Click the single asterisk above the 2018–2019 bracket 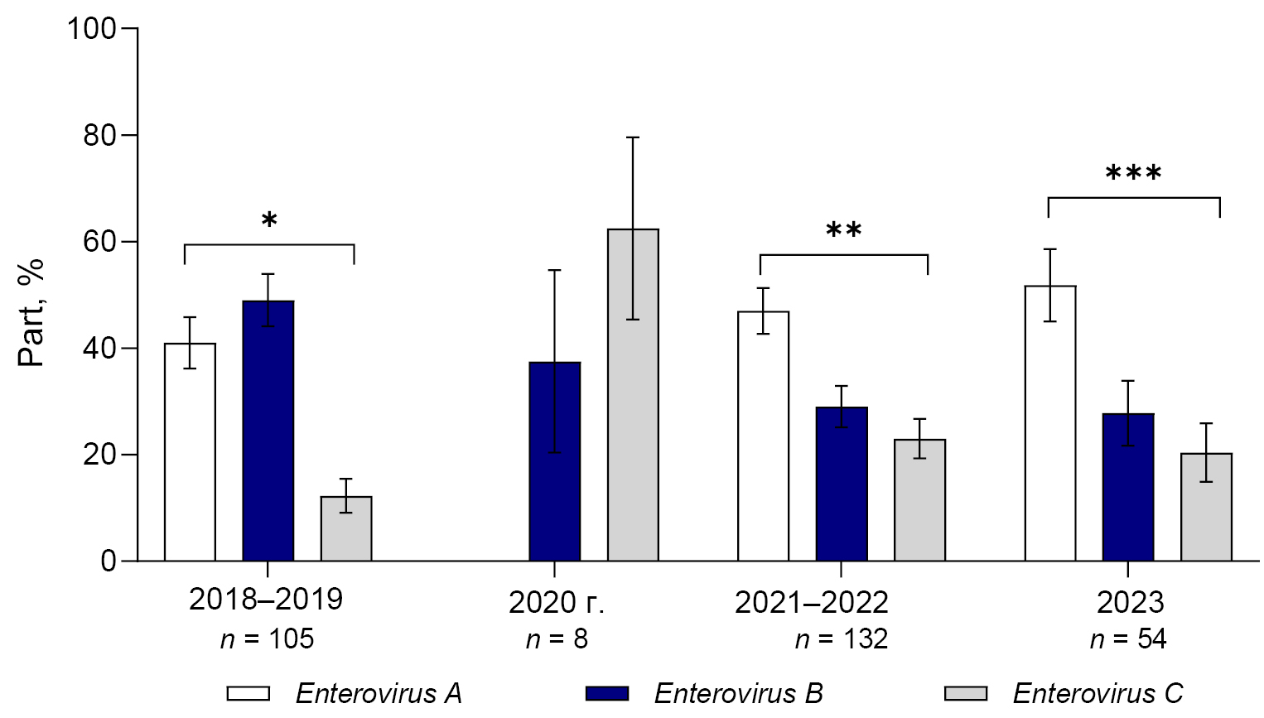coord(269,221)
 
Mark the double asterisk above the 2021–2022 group coord(844,230)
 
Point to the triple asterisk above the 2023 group coord(1134,174)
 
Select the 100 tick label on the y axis coord(91,29)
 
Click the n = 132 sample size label coord(841,638)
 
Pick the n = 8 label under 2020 coord(557,638)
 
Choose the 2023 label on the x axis coord(1130,602)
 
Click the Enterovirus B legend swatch coord(607,693)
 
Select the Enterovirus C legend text coord(1098,693)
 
